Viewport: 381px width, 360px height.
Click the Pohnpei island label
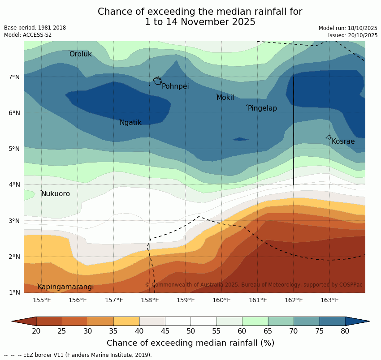pyautogui.click(x=175, y=86)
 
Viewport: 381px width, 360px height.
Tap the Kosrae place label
pyautogui.click(x=343, y=141)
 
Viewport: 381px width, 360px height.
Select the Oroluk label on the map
pyautogui.click(x=80, y=54)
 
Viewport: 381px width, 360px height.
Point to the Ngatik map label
pyautogui.click(x=130, y=123)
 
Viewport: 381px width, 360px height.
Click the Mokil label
pyautogui.click(x=225, y=98)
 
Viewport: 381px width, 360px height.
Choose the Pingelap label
pyautogui.click(x=262, y=108)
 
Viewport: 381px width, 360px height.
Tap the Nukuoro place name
pyautogui.click(x=56, y=194)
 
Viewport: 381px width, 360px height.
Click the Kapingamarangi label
pyautogui.click(x=65, y=287)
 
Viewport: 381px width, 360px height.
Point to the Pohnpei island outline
pyautogui.click(x=157, y=81)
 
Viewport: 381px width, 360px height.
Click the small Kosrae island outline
pyautogui.click(x=329, y=137)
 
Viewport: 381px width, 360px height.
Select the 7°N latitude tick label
pyautogui.click(x=14, y=77)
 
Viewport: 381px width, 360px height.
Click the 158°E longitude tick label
pyautogui.click(x=150, y=300)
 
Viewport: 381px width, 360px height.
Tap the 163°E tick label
pyautogui.click(x=329, y=300)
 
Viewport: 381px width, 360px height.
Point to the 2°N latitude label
pyautogui.click(x=14, y=257)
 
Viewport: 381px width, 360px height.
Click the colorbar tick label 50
pyautogui.click(x=191, y=331)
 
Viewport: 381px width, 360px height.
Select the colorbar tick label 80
pyautogui.click(x=345, y=331)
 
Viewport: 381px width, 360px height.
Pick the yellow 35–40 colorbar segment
pyautogui.click(x=126, y=321)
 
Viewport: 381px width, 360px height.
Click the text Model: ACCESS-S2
pyautogui.click(x=28, y=35)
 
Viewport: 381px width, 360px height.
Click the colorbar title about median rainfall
pyautogui.click(x=190, y=343)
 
